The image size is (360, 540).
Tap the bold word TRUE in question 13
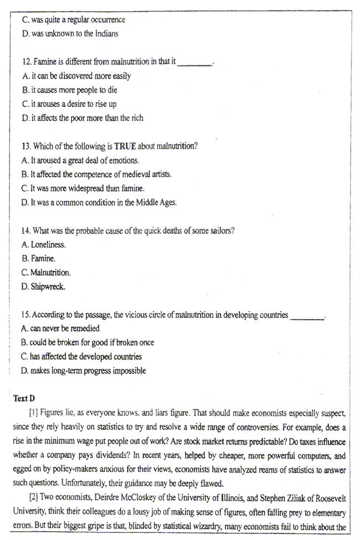coord(125,146)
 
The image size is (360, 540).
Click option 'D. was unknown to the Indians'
coord(70,33)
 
